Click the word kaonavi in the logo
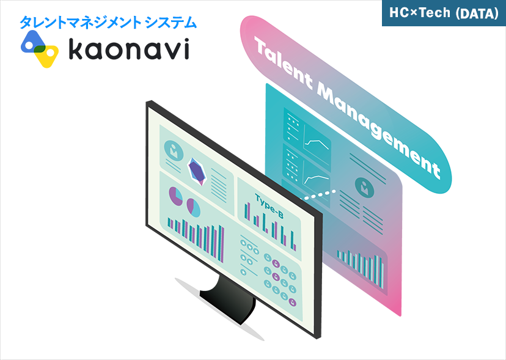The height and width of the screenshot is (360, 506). [128, 50]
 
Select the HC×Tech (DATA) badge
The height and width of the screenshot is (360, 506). [444, 13]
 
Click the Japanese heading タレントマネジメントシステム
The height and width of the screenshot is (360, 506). [108, 23]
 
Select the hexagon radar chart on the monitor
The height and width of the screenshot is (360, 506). [197, 171]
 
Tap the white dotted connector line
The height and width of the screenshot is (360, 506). [320, 195]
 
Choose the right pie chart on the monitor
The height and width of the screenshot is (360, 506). [194, 207]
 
